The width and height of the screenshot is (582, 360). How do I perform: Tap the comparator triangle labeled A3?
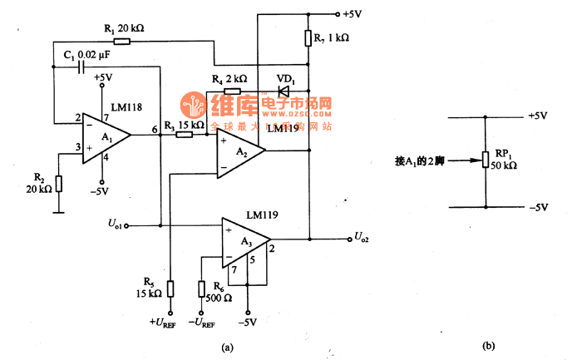pyautogui.click(x=244, y=239)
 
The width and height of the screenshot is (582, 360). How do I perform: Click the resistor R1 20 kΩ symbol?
pyautogui.click(x=121, y=41)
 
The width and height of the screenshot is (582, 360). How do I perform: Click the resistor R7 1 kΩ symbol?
pyautogui.click(x=308, y=38)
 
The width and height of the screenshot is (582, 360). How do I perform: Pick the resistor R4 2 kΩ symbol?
pyautogui.click(x=233, y=90)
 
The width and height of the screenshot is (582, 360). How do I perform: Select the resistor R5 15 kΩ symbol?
pyautogui.click(x=170, y=288)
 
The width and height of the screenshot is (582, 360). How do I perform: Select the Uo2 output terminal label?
pyautogui.click(x=363, y=239)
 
